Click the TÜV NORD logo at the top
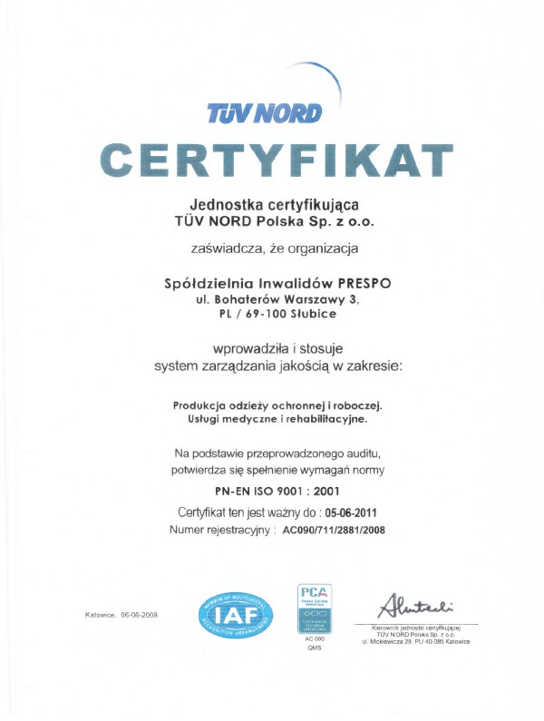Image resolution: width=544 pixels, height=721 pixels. click(x=265, y=112)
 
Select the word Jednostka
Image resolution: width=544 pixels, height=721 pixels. click(x=224, y=203)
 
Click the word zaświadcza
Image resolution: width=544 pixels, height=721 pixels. click(x=221, y=248)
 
